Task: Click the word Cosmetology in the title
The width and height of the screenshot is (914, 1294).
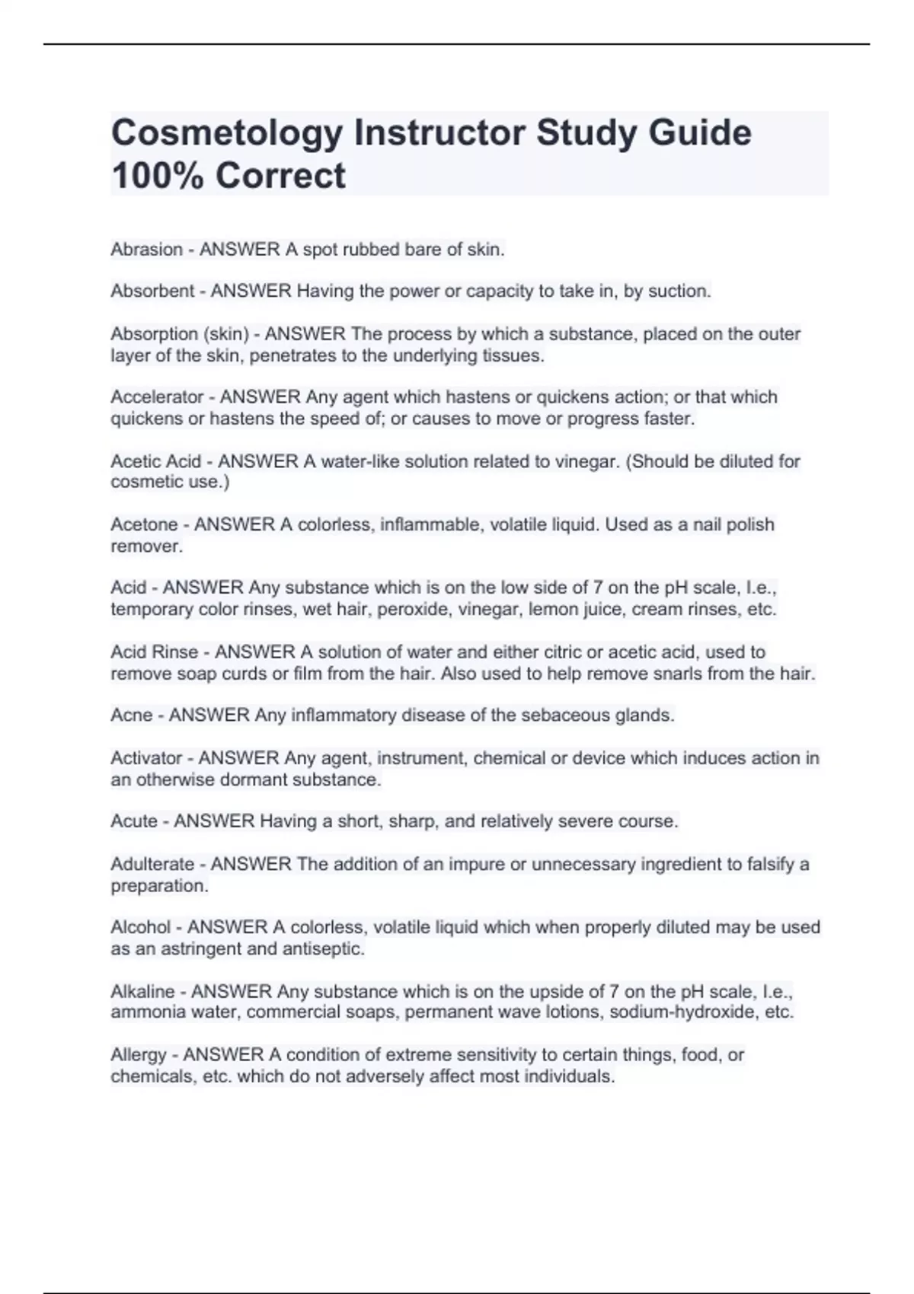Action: click(x=226, y=133)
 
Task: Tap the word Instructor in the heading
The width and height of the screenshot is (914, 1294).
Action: click(x=438, y=133)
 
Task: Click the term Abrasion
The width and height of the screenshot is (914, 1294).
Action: click(x=147, y=250)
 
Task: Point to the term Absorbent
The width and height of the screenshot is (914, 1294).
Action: click(x=152, y=291)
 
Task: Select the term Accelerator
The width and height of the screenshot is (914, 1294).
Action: click(x=158, y=397)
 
